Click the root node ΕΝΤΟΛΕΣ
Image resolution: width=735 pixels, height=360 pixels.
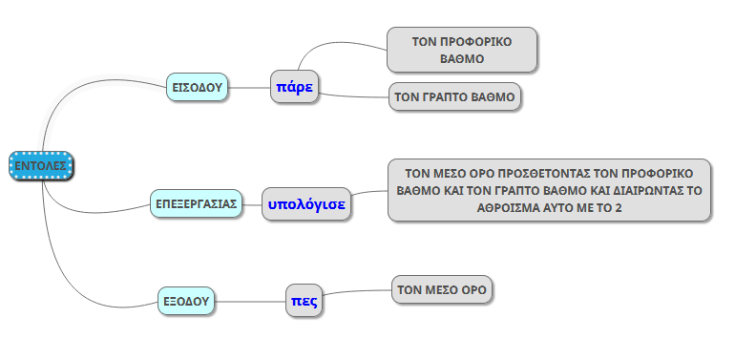click(41, 165)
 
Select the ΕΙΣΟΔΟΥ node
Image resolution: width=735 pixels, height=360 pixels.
click(197, 87)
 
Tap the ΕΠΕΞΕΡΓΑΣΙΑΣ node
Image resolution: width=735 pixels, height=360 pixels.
click(196, 203)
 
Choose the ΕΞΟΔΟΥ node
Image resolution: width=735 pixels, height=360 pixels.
click(185, 301)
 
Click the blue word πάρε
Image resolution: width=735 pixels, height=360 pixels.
click(294, 87)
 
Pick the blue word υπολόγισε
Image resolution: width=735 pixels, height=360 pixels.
click(306, 204)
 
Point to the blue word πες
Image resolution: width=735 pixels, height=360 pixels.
click(304, 301)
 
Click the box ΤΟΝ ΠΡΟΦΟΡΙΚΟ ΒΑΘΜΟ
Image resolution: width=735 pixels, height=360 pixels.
click(462, 50)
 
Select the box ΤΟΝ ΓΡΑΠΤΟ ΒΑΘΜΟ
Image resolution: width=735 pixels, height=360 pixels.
click(454, 97)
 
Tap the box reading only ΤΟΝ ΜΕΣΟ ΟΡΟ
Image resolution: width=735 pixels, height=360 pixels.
click(442, 289)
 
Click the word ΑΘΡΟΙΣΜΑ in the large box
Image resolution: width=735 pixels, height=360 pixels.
click(506, 207)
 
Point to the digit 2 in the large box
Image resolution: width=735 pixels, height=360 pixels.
click(619, 207)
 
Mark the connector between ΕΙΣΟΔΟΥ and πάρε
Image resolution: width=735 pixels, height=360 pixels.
click(249, 87)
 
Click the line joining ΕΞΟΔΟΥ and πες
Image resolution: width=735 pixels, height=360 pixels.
click(250, 301)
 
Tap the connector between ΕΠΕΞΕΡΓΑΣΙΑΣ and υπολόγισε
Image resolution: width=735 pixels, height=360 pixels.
click(252, 204)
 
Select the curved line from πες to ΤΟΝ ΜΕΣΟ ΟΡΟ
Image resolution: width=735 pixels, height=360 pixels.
click(357, 291)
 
